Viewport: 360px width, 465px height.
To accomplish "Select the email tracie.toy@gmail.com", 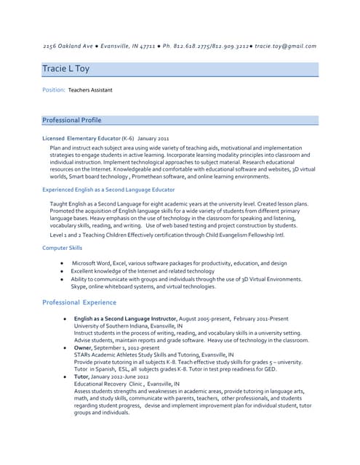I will coord(284,46).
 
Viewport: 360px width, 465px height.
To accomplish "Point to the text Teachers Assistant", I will coord(90,90).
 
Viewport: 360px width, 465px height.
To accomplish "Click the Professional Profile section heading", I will coord(72,120).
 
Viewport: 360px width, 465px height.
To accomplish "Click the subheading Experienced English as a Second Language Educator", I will coord(108,189).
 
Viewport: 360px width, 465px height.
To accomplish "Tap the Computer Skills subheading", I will coord(62,248).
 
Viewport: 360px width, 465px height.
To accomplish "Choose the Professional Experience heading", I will coord(79,302).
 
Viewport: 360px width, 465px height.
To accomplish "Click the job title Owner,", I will coord(84,348).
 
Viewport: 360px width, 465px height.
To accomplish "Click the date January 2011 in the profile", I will coord(153,137).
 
